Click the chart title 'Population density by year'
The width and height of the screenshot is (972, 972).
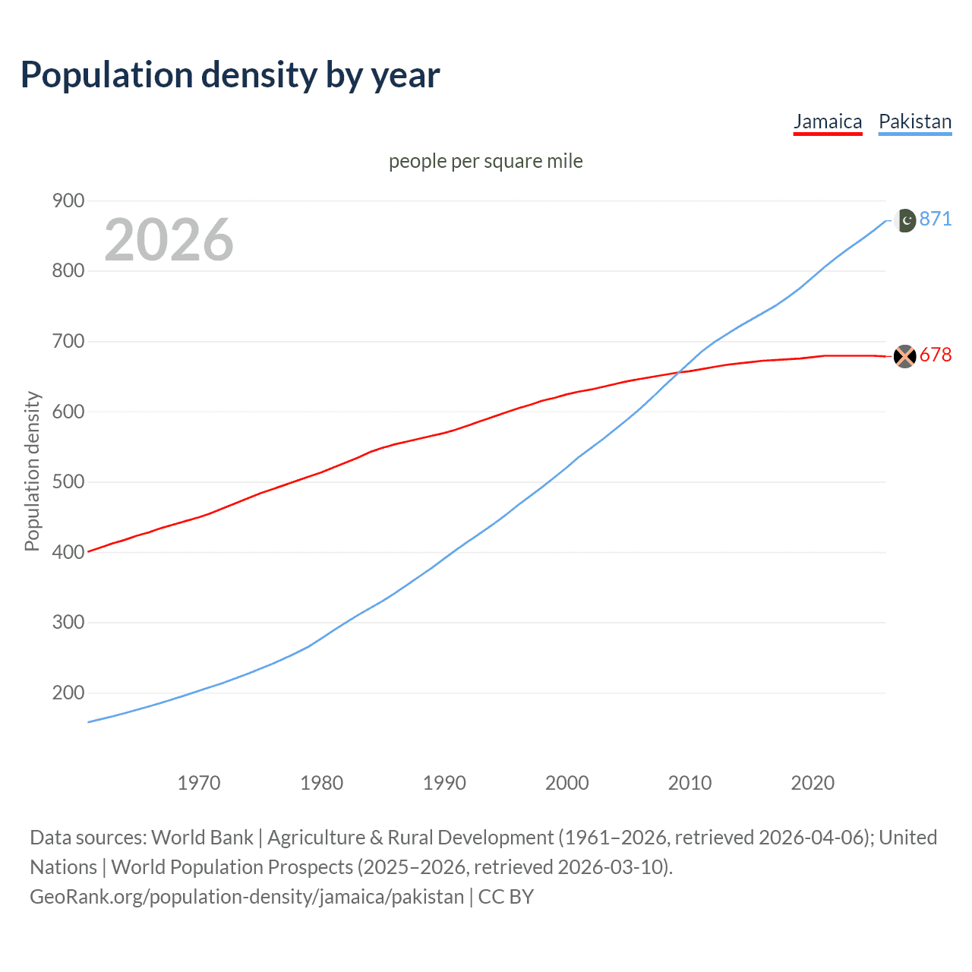[230, 75]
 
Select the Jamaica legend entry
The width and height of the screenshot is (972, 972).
[828, 121]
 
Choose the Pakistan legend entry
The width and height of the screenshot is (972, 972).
[915, 121]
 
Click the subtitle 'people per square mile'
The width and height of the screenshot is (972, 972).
[486, 161]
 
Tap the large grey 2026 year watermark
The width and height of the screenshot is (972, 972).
[169, 240]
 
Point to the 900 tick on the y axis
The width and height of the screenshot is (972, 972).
[68, 200]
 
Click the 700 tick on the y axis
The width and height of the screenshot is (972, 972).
[68, 341]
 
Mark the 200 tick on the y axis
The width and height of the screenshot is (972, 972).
[68, 693]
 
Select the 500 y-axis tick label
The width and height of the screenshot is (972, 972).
[68, 481]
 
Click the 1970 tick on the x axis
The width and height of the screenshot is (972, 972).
[199, 783]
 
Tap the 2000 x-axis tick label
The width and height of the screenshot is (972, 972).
[567, 783]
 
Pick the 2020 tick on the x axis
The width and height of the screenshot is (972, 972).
[813, 783]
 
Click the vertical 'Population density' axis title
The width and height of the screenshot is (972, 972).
[32, 471]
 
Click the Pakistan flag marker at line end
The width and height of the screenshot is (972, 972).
[905, 220]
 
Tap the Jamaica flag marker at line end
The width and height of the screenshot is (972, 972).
[905, 356]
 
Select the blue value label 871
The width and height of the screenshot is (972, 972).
[936, 219]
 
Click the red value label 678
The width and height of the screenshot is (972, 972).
[936, 355]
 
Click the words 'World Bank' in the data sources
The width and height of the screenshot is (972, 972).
[202, 838]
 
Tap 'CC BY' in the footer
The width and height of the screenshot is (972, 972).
[506, 897]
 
